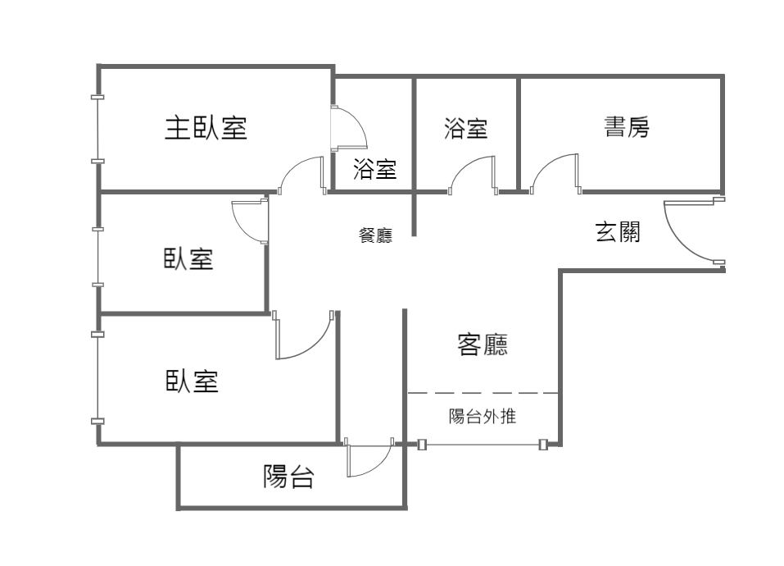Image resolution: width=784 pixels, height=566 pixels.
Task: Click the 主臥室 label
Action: [x=206, y=128]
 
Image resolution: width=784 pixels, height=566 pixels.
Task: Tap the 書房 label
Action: [x=627, y=127]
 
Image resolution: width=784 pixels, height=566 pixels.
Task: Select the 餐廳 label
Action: [x=375, y=235]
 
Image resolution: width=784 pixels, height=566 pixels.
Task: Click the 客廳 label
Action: [x=483, y=345]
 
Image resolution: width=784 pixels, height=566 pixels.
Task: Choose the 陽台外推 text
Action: [x=483, y=417]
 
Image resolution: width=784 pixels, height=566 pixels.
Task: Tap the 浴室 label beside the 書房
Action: [x=465, y=128]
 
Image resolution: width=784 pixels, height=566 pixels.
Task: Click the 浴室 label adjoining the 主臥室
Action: [x=374, y=170]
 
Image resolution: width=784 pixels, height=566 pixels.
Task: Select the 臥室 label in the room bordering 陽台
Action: [x=193, y=381]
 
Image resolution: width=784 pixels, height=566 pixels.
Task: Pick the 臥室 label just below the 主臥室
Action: [x=188, y=260]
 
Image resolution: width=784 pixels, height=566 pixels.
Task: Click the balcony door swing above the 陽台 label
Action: [x=369, y=460]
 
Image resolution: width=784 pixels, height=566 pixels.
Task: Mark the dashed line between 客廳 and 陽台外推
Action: [x=483, y=393]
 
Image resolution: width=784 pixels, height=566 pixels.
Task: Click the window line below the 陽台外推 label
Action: [x=483, y=445]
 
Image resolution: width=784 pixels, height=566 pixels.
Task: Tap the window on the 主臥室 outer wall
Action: [x=97, y=129]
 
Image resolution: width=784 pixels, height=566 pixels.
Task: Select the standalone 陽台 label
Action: [x=288, y=477]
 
